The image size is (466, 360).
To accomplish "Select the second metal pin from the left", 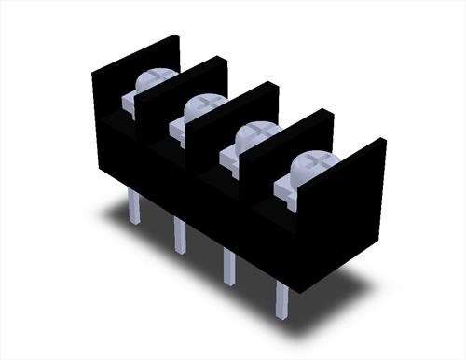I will (179, 235).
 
